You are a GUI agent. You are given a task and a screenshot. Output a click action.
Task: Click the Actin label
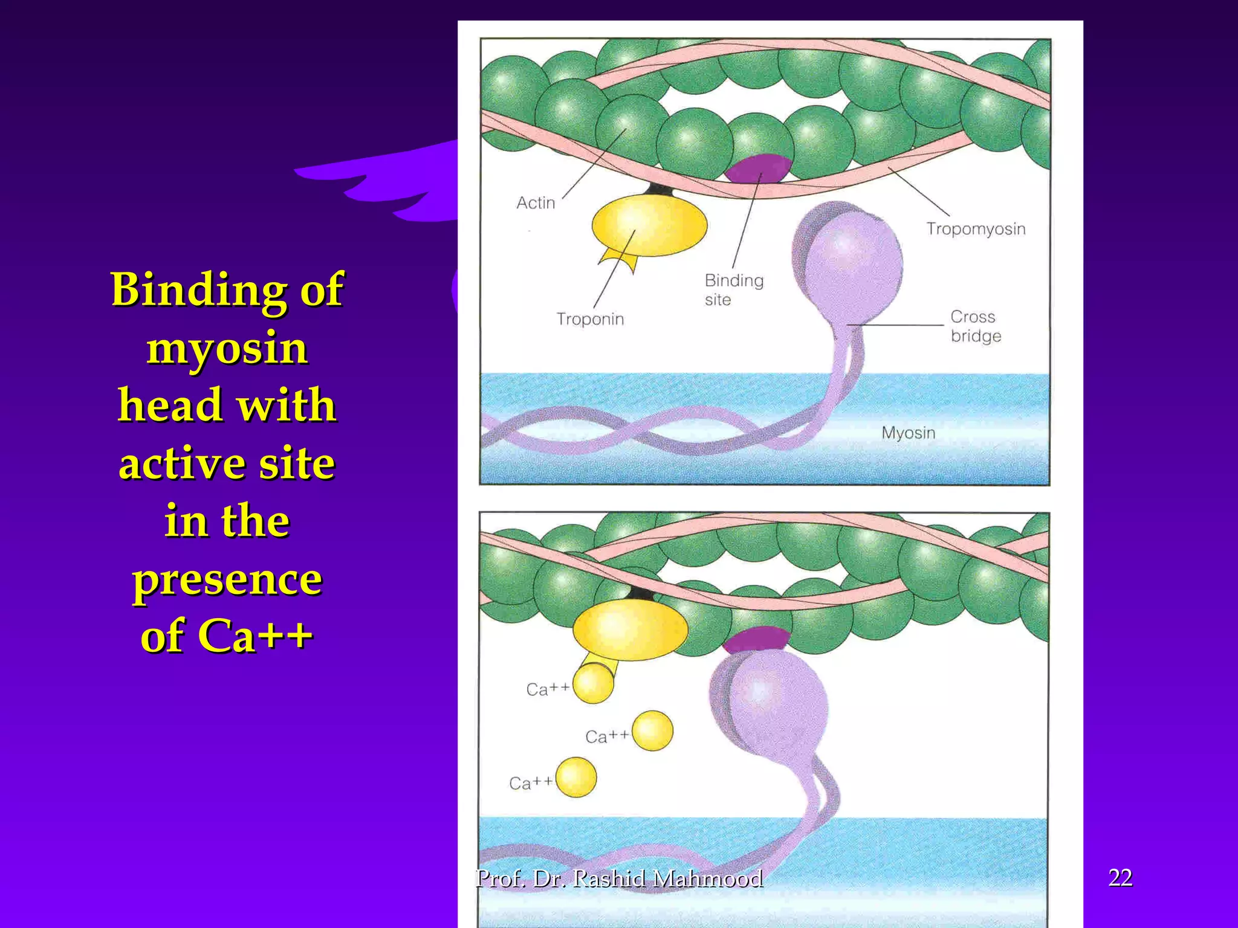click(x=536, y=202)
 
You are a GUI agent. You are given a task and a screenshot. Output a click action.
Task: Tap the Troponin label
click(x=590, y=318)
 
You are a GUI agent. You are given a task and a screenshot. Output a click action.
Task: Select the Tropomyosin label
click(x=976, y=229)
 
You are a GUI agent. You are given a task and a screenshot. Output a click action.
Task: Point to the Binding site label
click(x=733, y=289)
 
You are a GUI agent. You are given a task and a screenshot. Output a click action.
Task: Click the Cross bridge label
click(x=975, y=326)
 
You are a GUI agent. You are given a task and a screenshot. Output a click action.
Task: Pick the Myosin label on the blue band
click(x=908, y=433)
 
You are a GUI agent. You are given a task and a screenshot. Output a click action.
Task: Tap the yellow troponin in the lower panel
click(x=630, y=630)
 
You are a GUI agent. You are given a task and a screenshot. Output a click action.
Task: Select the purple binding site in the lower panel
click(x=756, y=639)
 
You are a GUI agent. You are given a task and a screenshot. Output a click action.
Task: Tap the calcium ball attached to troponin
click(x=593, y=683)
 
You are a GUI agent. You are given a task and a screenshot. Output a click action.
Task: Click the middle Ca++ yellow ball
click(x=652, y=730)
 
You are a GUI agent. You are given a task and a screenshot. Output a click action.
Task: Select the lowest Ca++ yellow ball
click(x=576, y=778)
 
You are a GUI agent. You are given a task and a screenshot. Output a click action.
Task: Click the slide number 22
click(x=1120, y=877)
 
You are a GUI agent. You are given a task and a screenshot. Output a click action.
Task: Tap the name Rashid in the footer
click(x=610, y=878)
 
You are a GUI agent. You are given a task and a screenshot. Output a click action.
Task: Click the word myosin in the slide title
click(x=227, y=349)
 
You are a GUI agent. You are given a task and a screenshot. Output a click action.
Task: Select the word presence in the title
click(x=227, y=579)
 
